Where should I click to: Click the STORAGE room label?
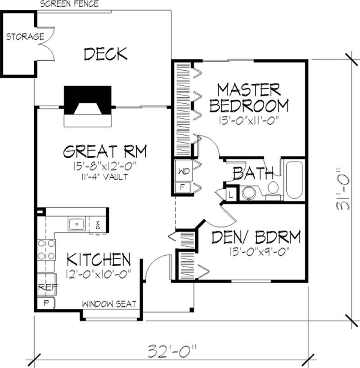25,36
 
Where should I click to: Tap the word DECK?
105,54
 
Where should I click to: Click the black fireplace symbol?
87,101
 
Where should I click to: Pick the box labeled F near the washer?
183,187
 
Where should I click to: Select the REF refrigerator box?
45,286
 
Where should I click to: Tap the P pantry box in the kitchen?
45,303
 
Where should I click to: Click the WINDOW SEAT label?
109,304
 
